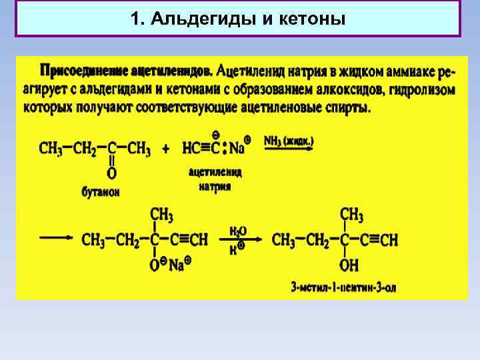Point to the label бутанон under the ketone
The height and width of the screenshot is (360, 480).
coord(101,192)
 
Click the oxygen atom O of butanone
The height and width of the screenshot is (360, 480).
coord(111,173)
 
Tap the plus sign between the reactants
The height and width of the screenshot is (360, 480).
coord(165,148)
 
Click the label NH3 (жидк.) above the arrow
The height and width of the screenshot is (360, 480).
coord(289,141)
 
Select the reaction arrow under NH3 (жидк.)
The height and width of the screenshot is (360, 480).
coord(289,151)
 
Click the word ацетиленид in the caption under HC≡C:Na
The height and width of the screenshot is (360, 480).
coord(215,173)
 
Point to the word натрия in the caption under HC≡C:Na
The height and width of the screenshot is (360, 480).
coord(215,187)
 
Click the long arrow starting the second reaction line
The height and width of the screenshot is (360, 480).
coord(56,238)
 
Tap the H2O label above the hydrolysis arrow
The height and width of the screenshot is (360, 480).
coord(238,230)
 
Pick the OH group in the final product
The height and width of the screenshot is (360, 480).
coord(349,266)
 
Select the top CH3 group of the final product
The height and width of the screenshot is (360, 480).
coord(351,215)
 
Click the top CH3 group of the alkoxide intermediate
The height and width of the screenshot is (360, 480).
coord(161,215)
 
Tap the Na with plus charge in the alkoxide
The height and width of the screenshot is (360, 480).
coord(177,265)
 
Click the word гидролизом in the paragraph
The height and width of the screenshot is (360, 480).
coord(426,89)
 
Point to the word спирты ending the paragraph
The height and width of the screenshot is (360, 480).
coord(347,107)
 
